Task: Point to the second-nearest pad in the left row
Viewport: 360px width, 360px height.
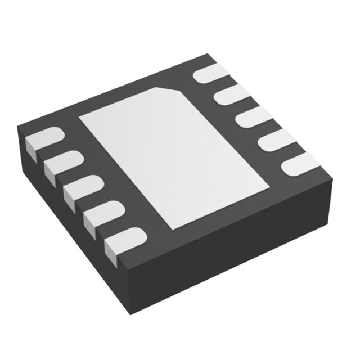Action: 105,214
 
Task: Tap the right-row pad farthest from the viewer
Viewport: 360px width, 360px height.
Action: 211,74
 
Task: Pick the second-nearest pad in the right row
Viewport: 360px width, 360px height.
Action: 276,141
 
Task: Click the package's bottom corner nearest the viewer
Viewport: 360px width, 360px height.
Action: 131,313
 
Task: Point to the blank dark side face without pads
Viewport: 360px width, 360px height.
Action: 236,247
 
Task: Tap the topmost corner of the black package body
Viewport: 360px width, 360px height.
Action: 209,55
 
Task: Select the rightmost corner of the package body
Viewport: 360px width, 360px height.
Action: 332,179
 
